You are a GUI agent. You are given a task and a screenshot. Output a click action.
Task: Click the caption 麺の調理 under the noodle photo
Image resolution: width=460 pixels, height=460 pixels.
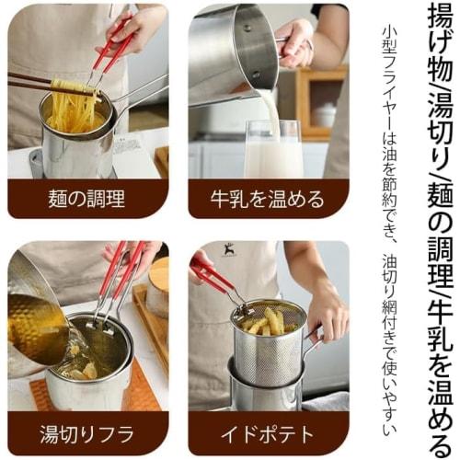tap(87, 198)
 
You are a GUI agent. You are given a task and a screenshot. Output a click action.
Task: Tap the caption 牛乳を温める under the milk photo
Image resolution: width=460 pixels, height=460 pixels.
tap(268, 198)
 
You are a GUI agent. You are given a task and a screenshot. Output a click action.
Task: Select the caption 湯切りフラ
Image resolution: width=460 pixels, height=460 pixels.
tap(87, 433)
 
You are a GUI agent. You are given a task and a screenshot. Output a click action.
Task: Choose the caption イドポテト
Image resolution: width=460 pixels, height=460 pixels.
tap(268, 433)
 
